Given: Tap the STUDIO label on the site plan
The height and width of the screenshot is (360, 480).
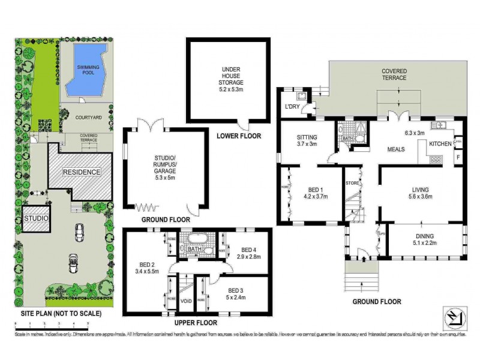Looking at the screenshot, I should [36, 218].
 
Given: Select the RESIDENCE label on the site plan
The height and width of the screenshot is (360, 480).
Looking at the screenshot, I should [82, 172].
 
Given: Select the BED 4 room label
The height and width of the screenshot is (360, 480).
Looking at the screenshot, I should [248, 253].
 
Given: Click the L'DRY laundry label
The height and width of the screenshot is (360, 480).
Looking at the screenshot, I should [292, 107].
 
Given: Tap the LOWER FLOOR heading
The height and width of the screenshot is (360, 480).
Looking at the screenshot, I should [238, 137].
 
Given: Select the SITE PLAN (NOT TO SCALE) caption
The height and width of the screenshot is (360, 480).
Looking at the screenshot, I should [58, 313].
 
